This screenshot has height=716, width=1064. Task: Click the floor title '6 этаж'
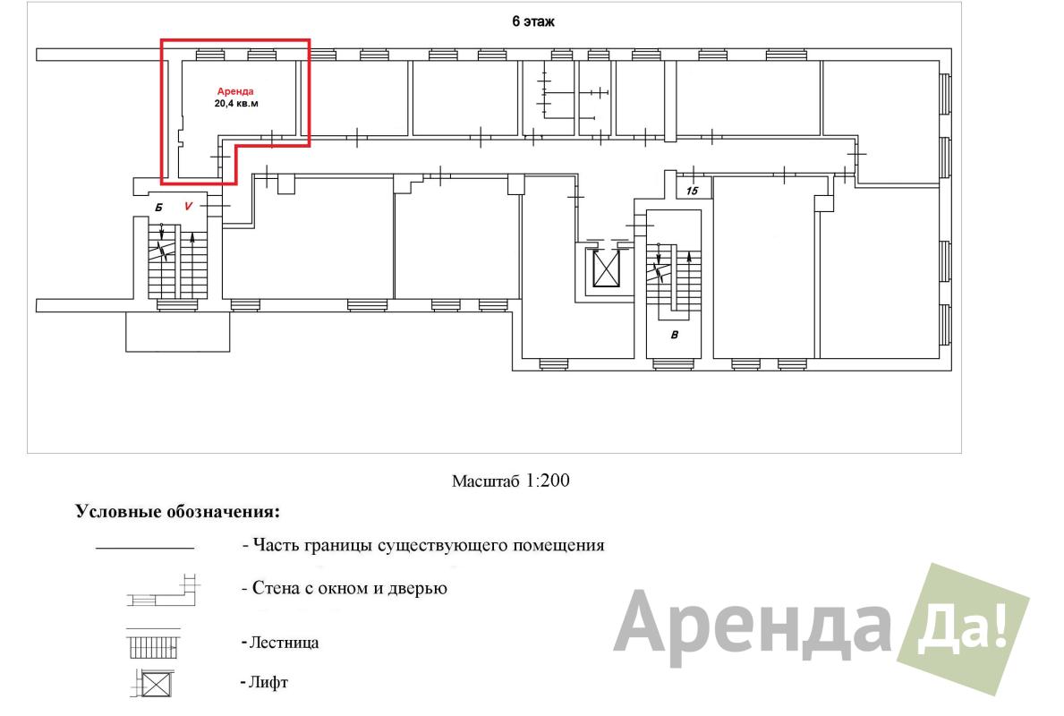coord(532,21)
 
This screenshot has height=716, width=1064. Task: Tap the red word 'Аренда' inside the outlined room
coord(235,91)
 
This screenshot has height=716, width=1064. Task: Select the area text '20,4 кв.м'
coord(236,104)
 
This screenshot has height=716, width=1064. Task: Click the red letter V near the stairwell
coord(188,206)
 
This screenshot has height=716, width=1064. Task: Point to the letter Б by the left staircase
coord(158,207)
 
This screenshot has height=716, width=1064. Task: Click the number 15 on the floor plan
coord(692,191)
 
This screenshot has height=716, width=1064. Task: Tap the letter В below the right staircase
coord(674,335)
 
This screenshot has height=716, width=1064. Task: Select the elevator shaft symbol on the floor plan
coord(607,268)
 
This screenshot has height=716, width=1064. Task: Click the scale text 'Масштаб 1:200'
coord(511,482)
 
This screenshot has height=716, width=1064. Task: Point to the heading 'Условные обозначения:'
coord(177,512)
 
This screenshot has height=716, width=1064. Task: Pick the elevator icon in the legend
coord(153,684)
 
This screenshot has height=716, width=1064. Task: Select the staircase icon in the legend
coord(153,644)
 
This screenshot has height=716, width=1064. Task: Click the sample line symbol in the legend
coord(145,547)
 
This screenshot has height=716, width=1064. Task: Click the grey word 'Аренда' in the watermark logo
coord(752,627)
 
